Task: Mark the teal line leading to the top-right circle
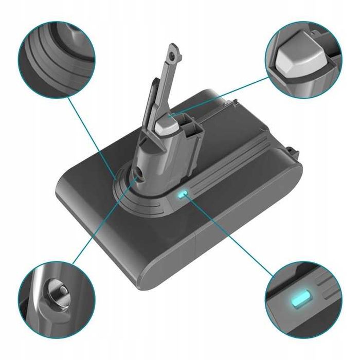tap(226, 95)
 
